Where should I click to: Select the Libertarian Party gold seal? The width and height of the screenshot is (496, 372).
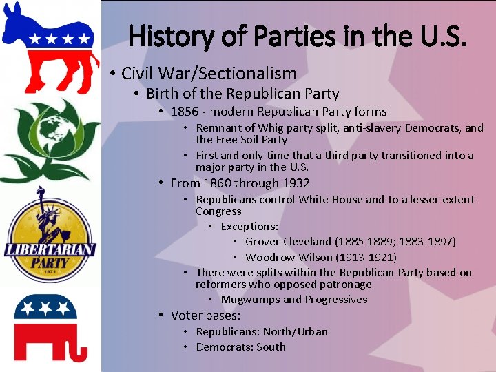49,238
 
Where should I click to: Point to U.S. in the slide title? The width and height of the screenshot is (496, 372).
443,34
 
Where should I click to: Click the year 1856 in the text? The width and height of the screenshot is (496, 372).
184,112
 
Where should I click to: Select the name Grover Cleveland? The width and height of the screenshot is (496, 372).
289,242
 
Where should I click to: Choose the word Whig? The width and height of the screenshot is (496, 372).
272,128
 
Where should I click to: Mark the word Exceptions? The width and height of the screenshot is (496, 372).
249,227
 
